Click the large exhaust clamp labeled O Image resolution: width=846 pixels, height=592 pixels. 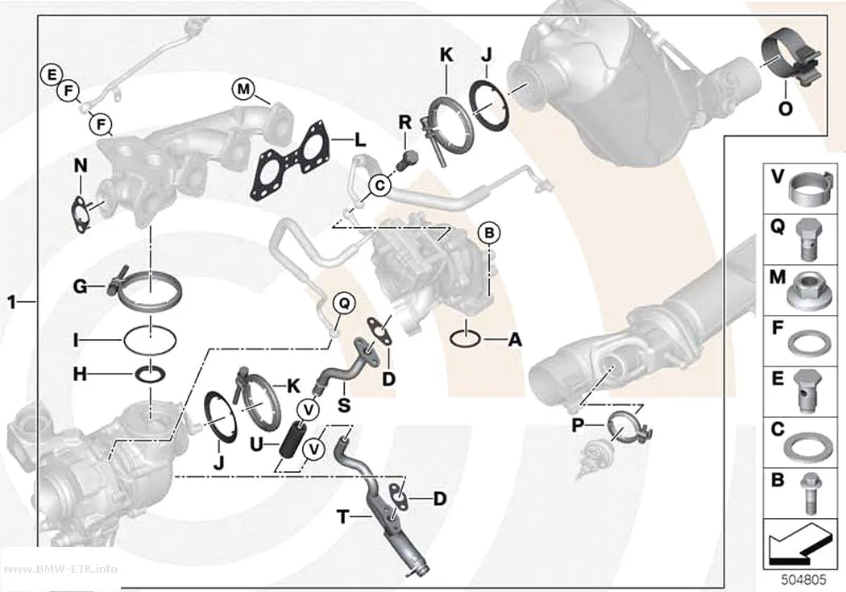click(x=790, y=64)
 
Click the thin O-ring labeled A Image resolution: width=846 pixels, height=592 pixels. click(x=465, y=339)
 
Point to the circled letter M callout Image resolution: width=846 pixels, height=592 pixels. click(x=243, y=89)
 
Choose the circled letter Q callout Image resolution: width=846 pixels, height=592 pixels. click(x=344, y=304)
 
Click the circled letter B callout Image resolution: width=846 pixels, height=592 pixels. click(x=489, y=234)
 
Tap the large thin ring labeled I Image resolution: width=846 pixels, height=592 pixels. click(x=150, y=340)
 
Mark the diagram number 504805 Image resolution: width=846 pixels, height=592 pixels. click(x=803, y=580)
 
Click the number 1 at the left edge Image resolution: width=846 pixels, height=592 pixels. click(x=12, y=302)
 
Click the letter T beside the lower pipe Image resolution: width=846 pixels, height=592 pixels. click(x=343, y=517)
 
